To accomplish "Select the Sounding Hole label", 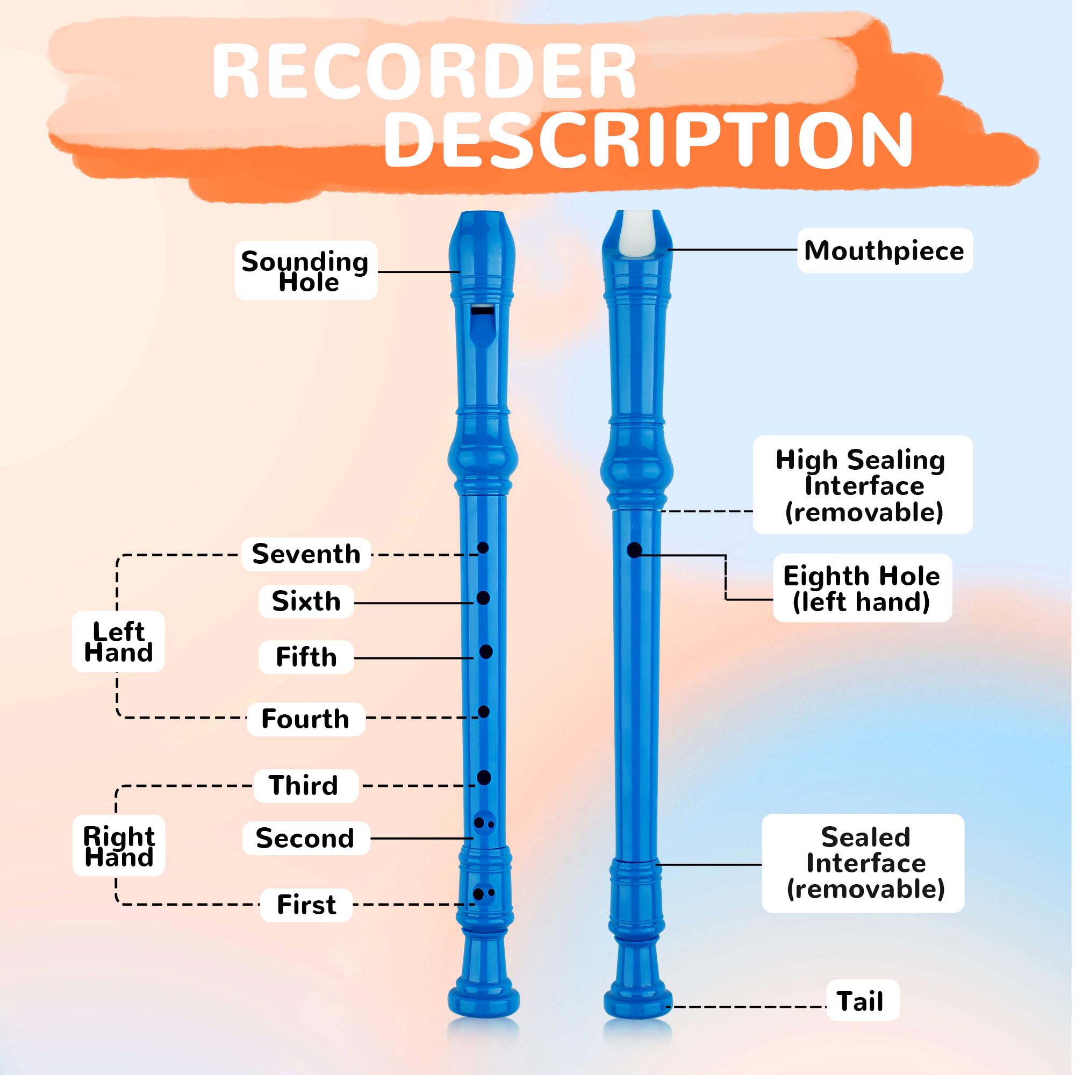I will pyautogui.click(x=306, y=270).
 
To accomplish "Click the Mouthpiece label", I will pyautogui.click(x=884, y=250).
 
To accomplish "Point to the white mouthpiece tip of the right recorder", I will pyautogui.click(x=637, y=234).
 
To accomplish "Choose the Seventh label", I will pyautogui.click(x=306, y=554).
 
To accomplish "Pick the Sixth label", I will pyautogui.click(x=306, y=601).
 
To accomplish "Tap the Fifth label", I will pyautogui.click(x=306, y=657).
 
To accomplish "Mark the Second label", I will pyautogui.click(x=305, y=838).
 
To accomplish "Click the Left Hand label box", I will pyautogui.click(x=118, y=642).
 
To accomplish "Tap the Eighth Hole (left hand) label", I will pyautogui.click(x=862, y=588).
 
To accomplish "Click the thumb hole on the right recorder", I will pyautogui.click(x=634, y=550).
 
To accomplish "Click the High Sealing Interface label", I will pyautogui.click(x=862, y=485).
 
